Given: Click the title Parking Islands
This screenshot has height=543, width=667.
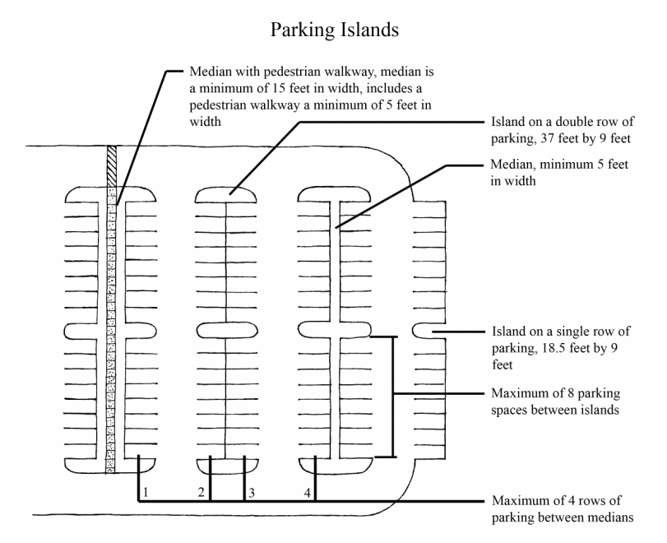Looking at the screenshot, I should click(333, 30).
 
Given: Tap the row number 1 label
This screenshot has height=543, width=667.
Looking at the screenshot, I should click(145, 492).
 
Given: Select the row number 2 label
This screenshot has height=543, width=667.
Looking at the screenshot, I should click(201, 492).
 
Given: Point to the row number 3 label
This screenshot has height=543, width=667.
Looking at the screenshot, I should click(252, 492).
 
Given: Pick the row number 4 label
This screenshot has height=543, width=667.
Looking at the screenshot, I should click(308, 492).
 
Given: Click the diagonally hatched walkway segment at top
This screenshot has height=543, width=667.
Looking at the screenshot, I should click(112, 165).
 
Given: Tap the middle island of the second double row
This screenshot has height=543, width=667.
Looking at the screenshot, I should click(226, 331).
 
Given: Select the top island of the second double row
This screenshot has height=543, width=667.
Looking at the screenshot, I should click(226, 194).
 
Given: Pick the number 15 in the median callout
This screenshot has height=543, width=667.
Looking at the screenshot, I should click(278, 86).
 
